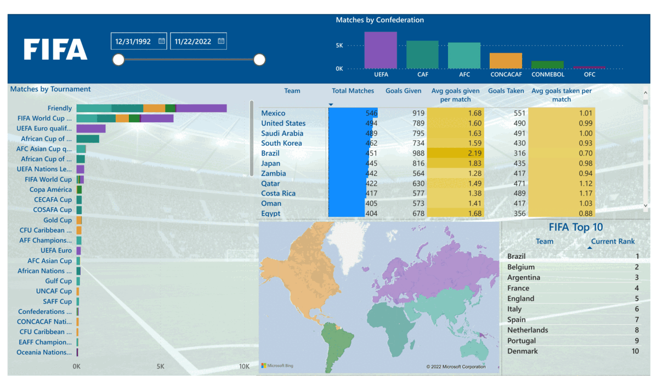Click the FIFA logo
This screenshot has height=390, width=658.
[x=55, y=49]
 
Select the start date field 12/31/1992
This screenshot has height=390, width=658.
[x=134, y=41]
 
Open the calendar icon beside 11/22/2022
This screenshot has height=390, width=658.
[x=221, y=41]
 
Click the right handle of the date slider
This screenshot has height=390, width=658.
[x=259, y=60]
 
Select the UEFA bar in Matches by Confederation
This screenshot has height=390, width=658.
[x=381, y=50]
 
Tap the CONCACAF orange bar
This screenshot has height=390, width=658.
[x=506, y=60]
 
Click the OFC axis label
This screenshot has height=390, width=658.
[x=589, y=74]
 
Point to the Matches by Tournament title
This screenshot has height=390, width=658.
[x=50, y=89]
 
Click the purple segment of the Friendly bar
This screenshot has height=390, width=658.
[x=201, y=108]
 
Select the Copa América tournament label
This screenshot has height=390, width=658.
[x=50, y=190]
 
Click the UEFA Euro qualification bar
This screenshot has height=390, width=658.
[x=90, y=129]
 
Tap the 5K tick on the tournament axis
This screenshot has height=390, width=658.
[x=161, y=366]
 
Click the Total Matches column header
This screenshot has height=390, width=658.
[x=353, y=91]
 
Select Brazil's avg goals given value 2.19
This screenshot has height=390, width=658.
[x=455, y=153]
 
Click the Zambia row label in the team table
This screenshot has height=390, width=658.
[x=273, y=174]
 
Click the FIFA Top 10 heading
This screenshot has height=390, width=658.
[x=576, y=227]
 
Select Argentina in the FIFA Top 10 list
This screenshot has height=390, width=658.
[x=524, y=278]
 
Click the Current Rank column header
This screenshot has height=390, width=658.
[x=612, y=242]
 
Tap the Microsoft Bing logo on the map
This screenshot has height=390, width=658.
[x=277, y=366]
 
